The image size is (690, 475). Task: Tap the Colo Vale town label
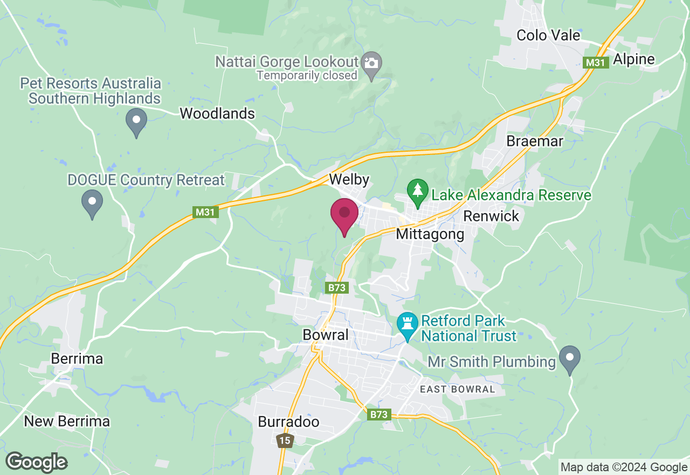tap(548, 36)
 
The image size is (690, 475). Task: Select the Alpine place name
tap(633, 59)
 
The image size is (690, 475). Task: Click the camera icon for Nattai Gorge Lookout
tap(371, 63)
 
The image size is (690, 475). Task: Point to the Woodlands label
tap(217, 114)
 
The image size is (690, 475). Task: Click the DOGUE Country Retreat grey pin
tap(92, 202)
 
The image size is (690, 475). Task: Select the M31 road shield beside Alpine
tap(596, 63)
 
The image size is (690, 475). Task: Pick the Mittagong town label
tap(430, 234)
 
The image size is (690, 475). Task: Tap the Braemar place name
tap(535, 141)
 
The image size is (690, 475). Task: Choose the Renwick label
tap(491, 216)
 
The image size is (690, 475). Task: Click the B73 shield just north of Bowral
tap(337, 288)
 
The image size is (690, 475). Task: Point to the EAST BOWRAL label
tap(458, 389)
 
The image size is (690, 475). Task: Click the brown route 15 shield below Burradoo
tap(285, 440)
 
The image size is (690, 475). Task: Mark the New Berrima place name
tap(67, 422)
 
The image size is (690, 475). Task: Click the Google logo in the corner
tap(36, 462)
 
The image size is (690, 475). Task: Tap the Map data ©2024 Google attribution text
tap(624, 467)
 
